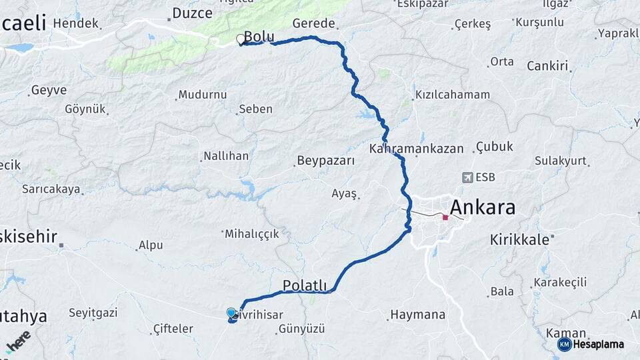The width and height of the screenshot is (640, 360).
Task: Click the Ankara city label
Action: tap(483, 207)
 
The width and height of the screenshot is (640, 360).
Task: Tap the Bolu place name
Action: tap(259, 36)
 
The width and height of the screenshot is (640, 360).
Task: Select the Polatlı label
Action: tap(305, 285)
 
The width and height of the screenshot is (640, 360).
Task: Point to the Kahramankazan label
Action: tap(417, 148)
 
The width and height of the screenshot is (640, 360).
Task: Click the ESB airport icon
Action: tap(467, 177)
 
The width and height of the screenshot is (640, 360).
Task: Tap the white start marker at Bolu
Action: tap(240, 39)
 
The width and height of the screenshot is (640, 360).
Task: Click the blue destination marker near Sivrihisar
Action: tap(231, 313)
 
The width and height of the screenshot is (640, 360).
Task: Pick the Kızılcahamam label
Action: tap(452, 95)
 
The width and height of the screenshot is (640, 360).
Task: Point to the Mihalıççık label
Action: tap(251, 234)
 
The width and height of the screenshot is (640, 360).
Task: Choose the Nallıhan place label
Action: tap(225, 156)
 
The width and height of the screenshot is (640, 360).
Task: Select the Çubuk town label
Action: tap(495, 147)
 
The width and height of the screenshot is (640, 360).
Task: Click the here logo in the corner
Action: tap(18, 341)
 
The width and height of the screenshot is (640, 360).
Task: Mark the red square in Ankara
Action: tap(445, 217)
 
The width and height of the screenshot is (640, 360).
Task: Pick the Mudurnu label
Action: tap(203, 94)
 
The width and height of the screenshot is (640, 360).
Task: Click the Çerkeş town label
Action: tap(472, 24)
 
